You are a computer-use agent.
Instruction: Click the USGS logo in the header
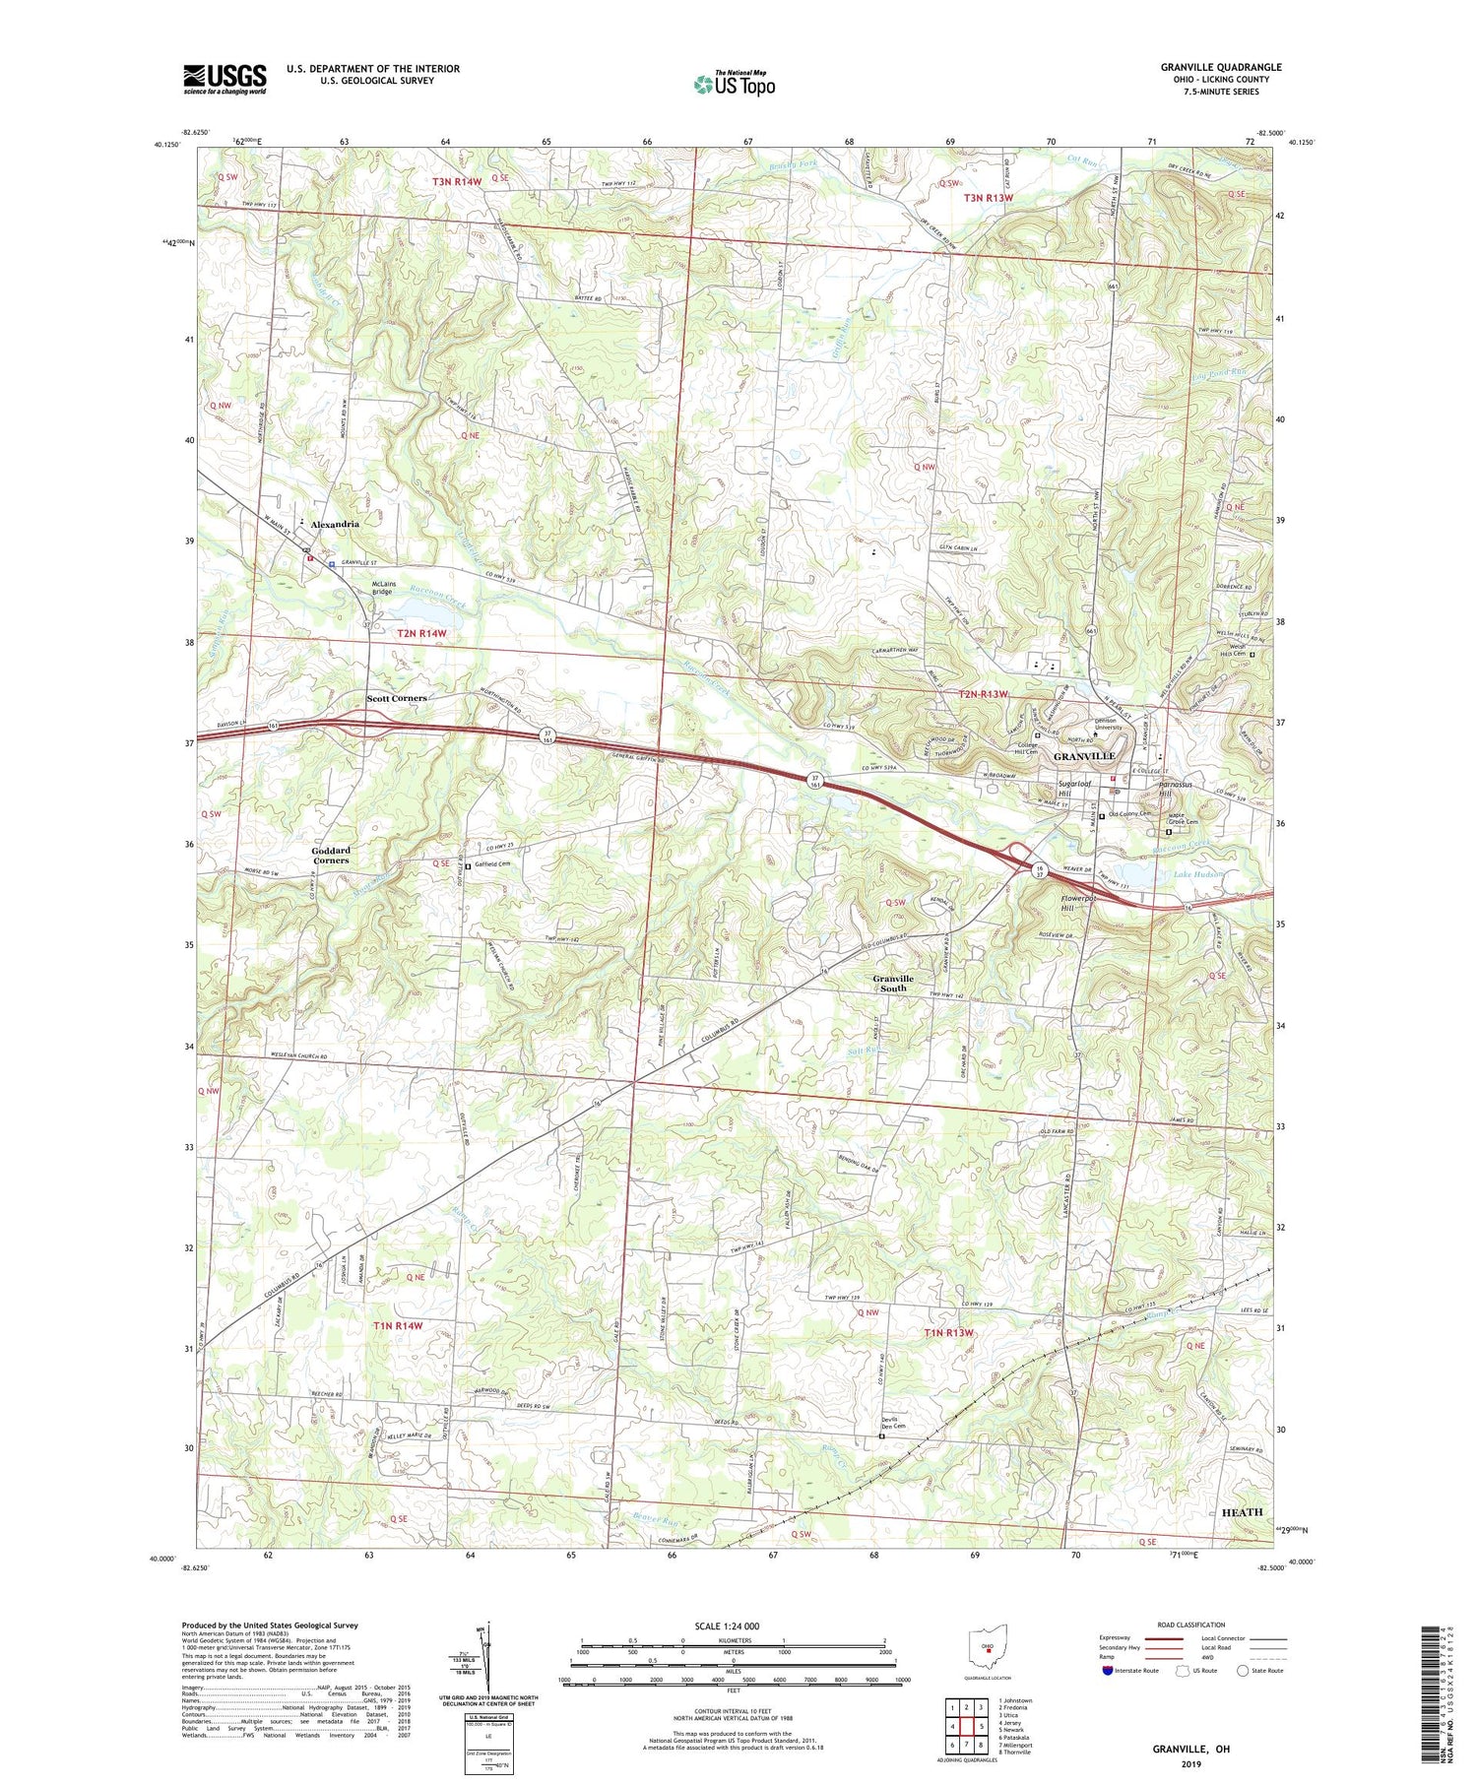(225, 79)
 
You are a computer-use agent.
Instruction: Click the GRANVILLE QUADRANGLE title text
(1221, 67)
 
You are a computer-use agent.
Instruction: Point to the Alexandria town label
(335, 524)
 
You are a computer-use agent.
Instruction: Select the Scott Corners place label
(397, 698)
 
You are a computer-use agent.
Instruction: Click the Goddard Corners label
(331, 855)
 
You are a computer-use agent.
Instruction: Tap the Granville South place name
(893, 983)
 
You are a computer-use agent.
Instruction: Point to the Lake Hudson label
(1196, 873)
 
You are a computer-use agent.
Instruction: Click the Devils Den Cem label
(892, 1424)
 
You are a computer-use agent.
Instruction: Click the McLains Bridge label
(383, 587)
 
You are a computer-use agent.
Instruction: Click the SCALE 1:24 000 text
(733, 1626)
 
